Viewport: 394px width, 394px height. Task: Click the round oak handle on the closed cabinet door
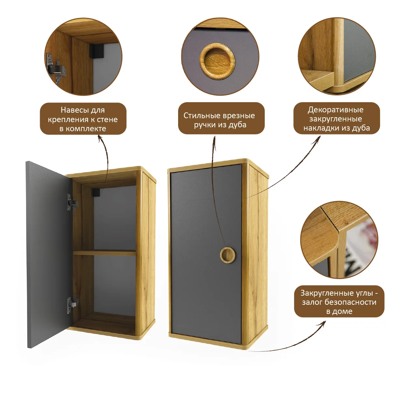[227, 255]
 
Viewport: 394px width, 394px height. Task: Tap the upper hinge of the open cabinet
[72, 202]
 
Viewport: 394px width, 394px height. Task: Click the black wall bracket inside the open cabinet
[95, 192]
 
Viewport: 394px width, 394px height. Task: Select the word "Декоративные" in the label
[335, 110]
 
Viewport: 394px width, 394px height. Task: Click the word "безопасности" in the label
[351, 302]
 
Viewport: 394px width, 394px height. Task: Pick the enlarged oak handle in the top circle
[217, 61]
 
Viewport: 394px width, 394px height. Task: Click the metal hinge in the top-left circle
[56, 69]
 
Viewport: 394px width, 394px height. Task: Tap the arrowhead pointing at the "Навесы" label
[100, 137]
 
